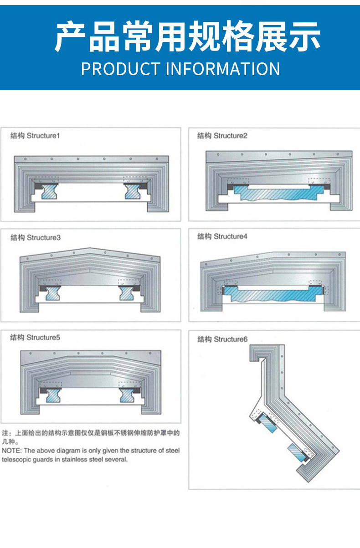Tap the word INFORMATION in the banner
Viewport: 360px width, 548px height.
point(222,69)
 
